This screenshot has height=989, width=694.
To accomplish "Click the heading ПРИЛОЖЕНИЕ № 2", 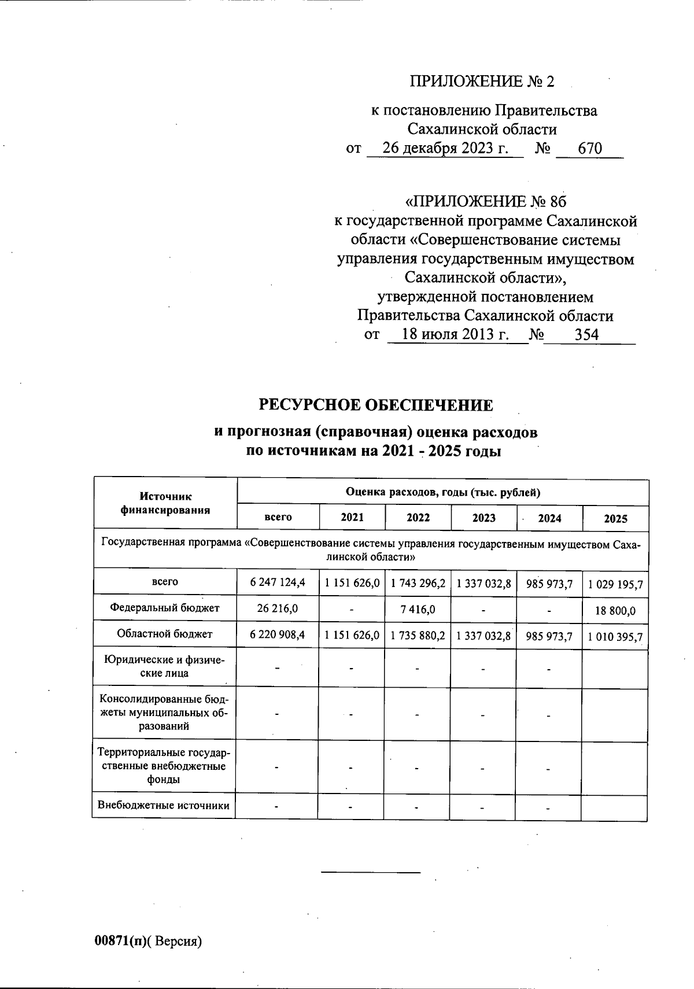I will click(x=482, y=82).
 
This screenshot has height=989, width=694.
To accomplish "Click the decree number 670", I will click(x=590, y=149).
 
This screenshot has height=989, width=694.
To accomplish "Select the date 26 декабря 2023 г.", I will click(x=445, y=149).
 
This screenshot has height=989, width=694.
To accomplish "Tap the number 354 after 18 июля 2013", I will click(x=586, y=334).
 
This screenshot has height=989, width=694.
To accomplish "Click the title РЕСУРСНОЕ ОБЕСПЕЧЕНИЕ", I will click(x=375, y=405).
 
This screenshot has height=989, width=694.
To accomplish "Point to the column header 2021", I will click(x=352, y=518).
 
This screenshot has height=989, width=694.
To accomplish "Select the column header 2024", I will click(x=549, y=518).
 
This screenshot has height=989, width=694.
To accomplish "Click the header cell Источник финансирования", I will click(x=165, y=503).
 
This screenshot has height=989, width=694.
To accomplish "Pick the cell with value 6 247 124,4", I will click(x=278, y=583).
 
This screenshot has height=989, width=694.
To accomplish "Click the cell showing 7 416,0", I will click(x=418, y=610).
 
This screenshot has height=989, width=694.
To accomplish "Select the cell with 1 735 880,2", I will click(x=418, y=636).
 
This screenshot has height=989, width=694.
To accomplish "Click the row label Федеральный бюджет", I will click(x=165, y=608).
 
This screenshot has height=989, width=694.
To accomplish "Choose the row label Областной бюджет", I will click(x=165, y=634).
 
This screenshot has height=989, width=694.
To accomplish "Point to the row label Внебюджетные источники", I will click(x=164, y=806).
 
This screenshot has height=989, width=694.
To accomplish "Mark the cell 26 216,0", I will click(x=278, y=608).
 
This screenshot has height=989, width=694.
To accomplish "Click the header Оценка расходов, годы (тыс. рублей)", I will click(x=442, y=493).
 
